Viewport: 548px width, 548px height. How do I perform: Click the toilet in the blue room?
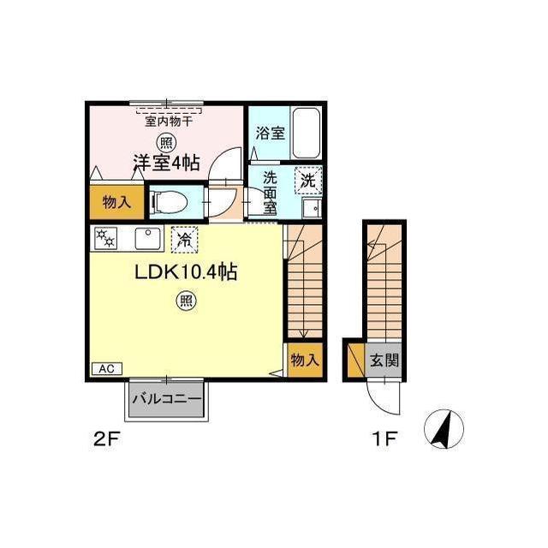(x=170, y=202)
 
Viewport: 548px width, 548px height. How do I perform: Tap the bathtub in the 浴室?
(x=307, y=134)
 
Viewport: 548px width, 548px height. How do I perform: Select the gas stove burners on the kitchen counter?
(x=105, y=238)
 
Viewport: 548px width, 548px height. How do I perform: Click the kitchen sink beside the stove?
(x=148, y=238)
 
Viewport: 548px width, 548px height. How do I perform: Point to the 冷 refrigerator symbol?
(x=185, y=240)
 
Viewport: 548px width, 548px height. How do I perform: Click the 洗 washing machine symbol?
(x=308, y=181)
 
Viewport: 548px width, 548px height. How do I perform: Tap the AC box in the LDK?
(x=107, y=369)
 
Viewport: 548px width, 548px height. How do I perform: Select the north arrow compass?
(x=444, y=430)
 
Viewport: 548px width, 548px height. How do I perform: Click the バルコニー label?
(x=167, y=399)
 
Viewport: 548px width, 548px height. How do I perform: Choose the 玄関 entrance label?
(x=384, y=360)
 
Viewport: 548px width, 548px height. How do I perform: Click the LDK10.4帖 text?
(x=187, y=272)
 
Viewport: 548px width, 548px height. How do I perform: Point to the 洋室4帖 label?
(x=166, y=163)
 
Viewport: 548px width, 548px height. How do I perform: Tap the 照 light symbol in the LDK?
(x=187, y=301)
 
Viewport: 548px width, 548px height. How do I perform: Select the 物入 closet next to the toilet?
(x=116, y=202)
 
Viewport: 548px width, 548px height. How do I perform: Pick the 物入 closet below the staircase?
(x=305, y=360)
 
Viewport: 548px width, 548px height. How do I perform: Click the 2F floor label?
(x=107, y=439)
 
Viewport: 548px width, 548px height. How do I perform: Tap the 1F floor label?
(x=384, y=439)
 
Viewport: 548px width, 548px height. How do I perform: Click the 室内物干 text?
(x=169, y=122)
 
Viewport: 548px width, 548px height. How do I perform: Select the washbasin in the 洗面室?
(x=312, y=208)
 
